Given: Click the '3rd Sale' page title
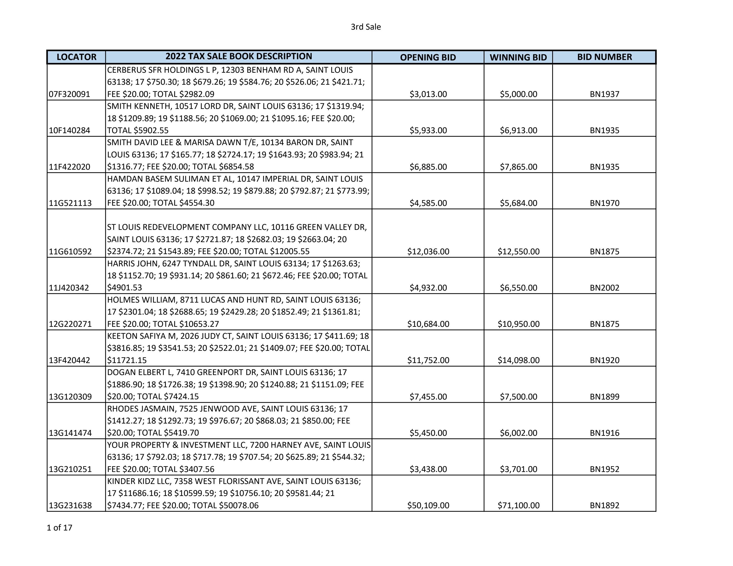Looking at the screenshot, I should pyautogui.click(x=366, y=27).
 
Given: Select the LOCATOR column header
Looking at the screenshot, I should pyautogui.click(x=76, y=57).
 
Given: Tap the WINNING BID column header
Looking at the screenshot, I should pyautogui.click(x=518, y=57).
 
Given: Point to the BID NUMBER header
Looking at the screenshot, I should pyautogui.click(x=604, y=57).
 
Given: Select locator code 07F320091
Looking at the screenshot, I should pyautogui.click(x=70, y=94).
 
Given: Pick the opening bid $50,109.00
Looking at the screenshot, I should pyautogui.click(x=428, y=505).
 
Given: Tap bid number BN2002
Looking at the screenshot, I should pyautogui.click(x=604, y=288).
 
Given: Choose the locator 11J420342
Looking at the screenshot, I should pyautogui.click(x=69, y=288).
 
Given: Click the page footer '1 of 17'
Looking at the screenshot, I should pyautogui.click(x=59, y=528).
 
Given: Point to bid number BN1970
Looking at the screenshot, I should pyautogui.click(x=604, y=203).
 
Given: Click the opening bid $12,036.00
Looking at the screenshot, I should pyautogui.click(x=428, y=251).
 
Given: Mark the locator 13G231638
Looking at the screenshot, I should pyautogui.click(x=70, y=505).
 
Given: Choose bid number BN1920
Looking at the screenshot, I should pyautogui.click(x=604, y=360).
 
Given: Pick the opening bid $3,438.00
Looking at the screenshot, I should pyautogui.click(x=428, y=469).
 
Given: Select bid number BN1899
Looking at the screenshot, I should pyautogui.click(x=604, y=397).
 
